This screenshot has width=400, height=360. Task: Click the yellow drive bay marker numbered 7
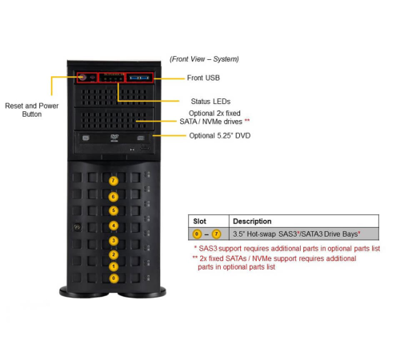pos(113,182)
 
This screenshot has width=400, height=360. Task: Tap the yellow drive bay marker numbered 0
pos(113,278)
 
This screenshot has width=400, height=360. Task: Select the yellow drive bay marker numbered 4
pos(113,226)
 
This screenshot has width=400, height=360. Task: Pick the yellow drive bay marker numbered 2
pos(113,254)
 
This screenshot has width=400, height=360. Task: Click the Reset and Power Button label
pos(32,110)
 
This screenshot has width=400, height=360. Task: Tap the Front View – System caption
pos(204,59)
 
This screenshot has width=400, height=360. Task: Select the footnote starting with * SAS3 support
pos(285,249)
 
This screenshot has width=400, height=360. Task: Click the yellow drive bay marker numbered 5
pos(113,210)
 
